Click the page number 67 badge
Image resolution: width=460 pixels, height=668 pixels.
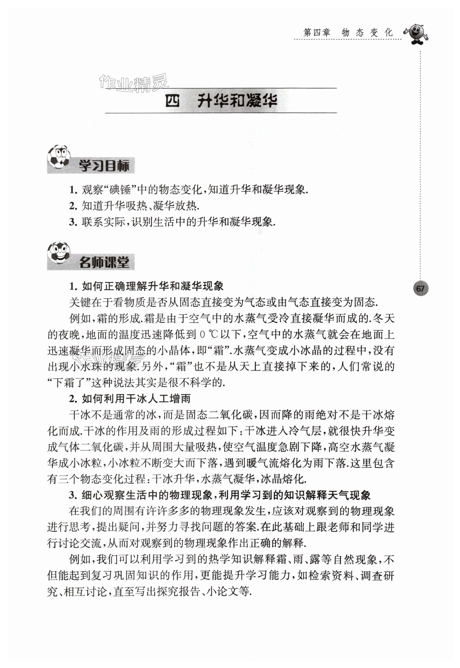420,288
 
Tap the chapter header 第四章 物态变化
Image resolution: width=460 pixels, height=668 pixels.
348,32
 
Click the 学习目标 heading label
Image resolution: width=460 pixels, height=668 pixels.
103,166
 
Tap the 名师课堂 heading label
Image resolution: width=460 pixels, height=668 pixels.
103,262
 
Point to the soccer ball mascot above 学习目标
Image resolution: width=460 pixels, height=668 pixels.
59,157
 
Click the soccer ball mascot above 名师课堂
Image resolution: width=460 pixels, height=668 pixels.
59,253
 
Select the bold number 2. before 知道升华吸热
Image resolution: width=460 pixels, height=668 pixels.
73,206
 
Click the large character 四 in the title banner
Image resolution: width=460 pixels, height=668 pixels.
172,101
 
